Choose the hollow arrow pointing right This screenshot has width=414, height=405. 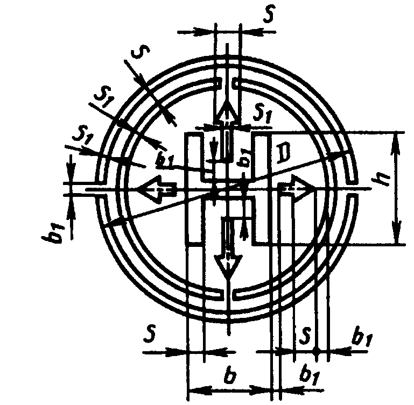pos(300,188)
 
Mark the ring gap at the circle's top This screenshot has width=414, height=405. pos(228,84)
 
